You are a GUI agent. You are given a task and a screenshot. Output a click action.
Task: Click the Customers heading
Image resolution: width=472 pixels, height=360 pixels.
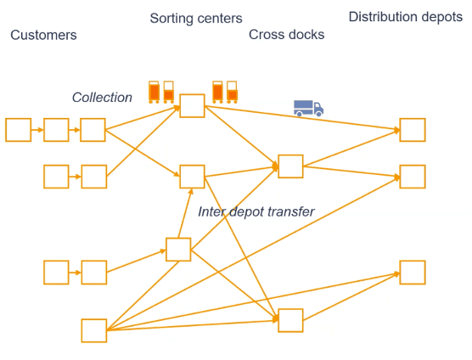tap(43, 35)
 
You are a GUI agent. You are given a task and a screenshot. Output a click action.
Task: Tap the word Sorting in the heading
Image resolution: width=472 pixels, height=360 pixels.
tap(170, 19)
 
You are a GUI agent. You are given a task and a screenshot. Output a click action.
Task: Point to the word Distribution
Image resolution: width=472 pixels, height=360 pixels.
tap(383, 17)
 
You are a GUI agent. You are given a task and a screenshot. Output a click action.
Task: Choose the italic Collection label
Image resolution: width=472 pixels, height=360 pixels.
tap(102, 98)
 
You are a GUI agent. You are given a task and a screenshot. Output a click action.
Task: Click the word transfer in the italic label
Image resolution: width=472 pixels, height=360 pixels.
tap(291, 211)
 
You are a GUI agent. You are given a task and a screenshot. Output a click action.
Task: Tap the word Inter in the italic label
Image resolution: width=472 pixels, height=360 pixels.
tap(212, 211)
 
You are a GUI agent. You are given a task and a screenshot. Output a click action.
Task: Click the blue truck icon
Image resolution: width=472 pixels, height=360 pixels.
tap(308, 108)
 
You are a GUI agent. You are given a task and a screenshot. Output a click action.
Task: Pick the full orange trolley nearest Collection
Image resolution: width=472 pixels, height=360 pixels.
tap(154, 92)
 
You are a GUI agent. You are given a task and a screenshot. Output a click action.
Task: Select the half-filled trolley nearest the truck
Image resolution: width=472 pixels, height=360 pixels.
tap(232, 92)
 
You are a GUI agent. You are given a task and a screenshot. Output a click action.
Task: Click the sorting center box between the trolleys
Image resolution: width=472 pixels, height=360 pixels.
tap(193, 105)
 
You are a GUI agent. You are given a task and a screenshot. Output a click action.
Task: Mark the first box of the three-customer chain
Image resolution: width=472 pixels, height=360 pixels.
tap(19, 130)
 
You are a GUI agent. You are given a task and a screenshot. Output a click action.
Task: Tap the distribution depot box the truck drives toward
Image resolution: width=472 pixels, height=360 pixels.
tap(413, 130)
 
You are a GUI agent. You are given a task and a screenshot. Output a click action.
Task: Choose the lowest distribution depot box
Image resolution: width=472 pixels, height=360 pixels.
tap(413, 273)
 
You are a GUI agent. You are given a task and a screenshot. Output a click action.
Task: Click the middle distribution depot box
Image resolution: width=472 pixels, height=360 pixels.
tap(413, 177)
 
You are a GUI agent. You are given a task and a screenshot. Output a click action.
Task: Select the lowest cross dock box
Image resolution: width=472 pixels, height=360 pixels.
tap(290, 321)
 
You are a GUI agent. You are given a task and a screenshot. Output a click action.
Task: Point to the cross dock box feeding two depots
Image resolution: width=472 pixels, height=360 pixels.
tap(290, 166)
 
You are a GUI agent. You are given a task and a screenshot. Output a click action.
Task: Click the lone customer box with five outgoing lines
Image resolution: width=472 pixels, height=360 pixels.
tap(94, 330)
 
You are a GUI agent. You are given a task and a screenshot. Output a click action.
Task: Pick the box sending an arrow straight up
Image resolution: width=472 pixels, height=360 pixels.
tap(178, 250)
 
